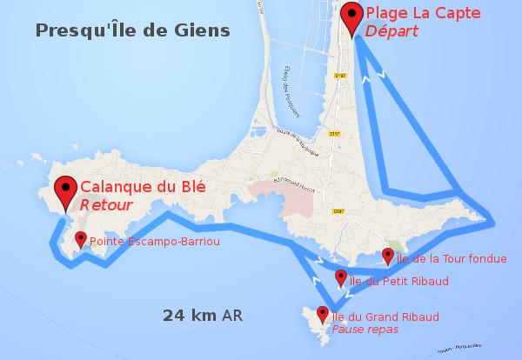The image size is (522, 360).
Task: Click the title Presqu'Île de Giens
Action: coord(133,31)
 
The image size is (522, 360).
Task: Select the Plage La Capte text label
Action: coord(416,13)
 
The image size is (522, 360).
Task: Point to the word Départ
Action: coord(391,31)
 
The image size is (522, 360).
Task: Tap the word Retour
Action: coord(106,205)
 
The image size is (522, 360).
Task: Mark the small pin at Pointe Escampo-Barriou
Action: coord(81,239)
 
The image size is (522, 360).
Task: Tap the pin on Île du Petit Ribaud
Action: coord(340,278)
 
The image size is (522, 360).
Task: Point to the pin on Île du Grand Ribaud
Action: coord(323,314)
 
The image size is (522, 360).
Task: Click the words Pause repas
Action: coord(365,330)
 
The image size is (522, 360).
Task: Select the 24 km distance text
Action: coord(191,315)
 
